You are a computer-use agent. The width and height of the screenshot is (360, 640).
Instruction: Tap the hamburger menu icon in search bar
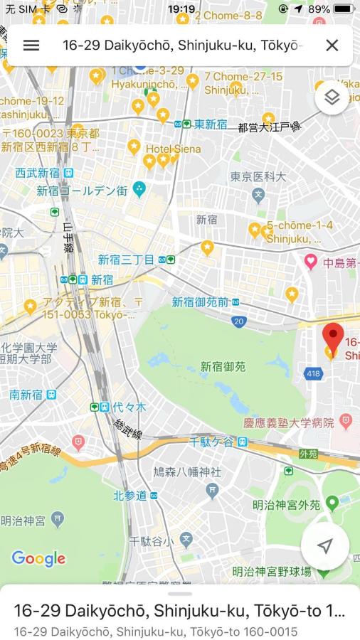[31, 45]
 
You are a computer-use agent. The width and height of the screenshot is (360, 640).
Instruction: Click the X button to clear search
[332, 45]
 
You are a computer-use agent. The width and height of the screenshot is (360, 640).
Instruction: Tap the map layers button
[332, 97]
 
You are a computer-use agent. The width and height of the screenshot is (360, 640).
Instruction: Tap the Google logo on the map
[38, 558]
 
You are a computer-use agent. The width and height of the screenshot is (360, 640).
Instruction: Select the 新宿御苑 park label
[223, 367]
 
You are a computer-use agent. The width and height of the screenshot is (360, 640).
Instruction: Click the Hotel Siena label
[173, 149]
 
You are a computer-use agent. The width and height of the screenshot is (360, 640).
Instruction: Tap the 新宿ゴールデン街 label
[83, 191]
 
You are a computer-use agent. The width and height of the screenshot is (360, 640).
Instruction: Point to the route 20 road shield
[238, 321]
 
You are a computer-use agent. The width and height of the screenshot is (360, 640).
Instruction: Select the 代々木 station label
[128, 407]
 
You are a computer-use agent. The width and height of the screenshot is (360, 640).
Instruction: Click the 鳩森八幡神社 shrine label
[187, 471]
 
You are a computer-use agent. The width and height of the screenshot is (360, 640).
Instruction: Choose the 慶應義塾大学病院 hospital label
[288, 422]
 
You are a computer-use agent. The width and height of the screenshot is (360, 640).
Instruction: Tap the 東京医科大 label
[258, 177]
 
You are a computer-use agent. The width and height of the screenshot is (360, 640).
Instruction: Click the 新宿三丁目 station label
[126, 260]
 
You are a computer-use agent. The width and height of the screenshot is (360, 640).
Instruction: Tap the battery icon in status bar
[344, 9]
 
